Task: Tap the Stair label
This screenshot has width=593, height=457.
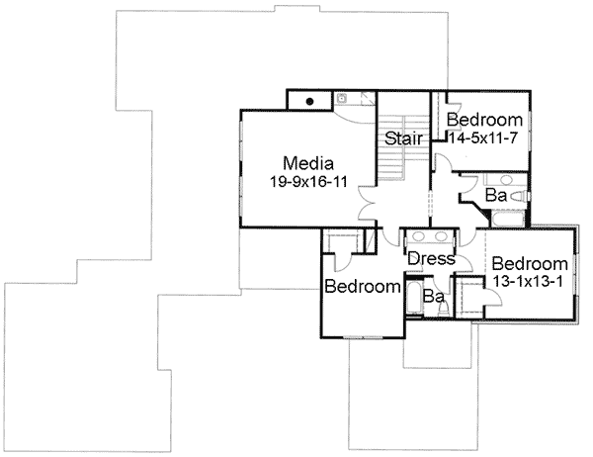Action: click(404, 138)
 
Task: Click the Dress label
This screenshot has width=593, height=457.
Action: click(431, 259)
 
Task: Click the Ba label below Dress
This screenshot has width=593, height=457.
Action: click(431, 295)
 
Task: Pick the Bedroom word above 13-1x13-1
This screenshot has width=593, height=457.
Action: click(530, 264)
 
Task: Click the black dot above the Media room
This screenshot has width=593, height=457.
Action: click(309, 100)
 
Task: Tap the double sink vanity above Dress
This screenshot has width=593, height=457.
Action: click(431, 238)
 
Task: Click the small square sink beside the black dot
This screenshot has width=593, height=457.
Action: click(342, 98)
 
